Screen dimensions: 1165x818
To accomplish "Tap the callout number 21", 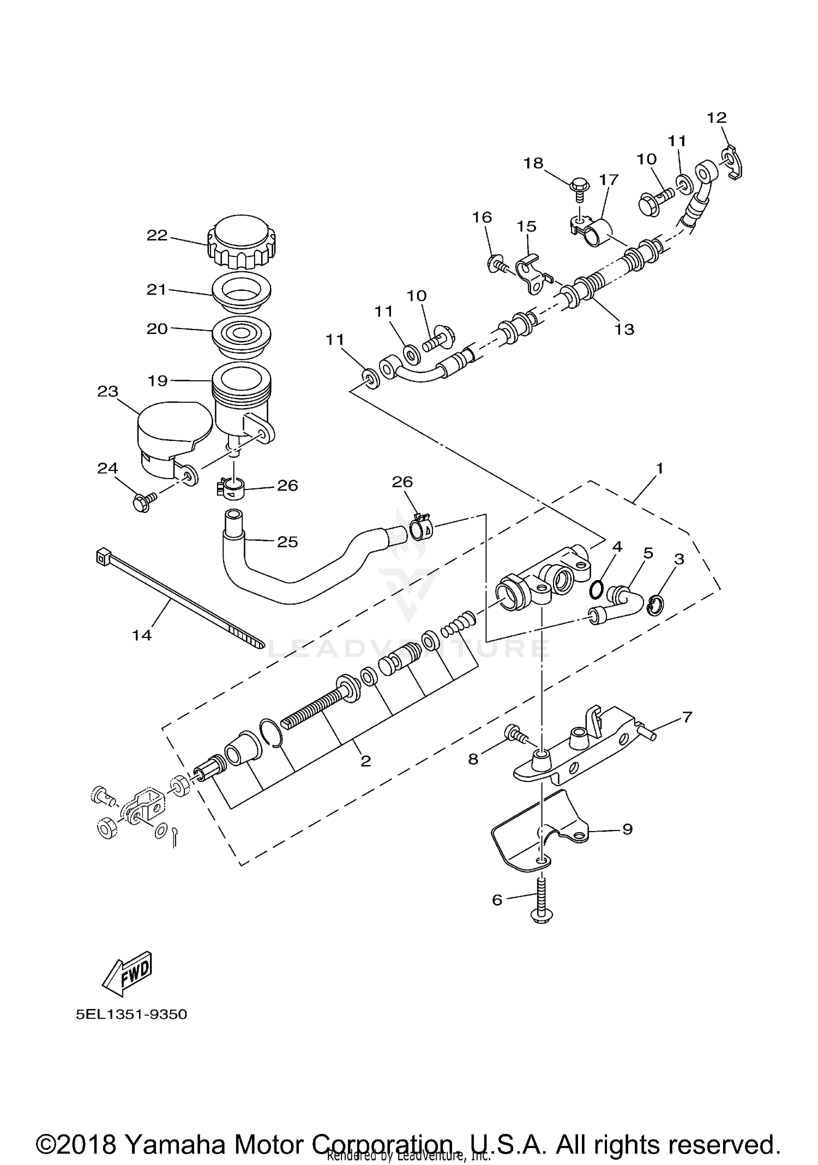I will tap(157, 289).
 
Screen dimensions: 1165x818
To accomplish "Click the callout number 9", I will tap(627, 829).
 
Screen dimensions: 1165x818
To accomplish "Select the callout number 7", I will tap(687, 716).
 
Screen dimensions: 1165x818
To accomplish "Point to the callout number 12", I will tap(717, 117).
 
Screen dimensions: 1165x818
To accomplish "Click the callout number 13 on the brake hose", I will tap(624, 329).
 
